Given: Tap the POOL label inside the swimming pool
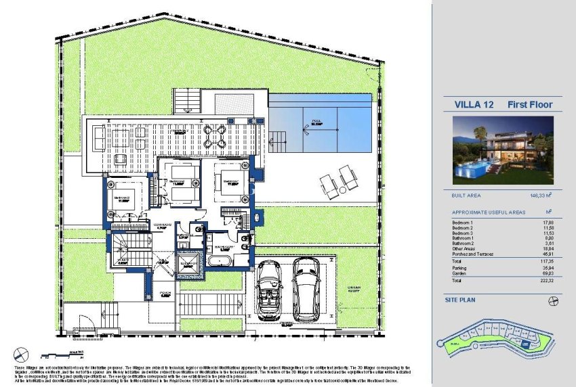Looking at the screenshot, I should [316, 123].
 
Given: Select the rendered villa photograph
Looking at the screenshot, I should [503, 150].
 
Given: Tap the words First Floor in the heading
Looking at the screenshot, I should [530, 105].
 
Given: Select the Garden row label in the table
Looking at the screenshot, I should [460, 271].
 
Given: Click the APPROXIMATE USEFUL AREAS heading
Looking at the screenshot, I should [488, 212].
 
